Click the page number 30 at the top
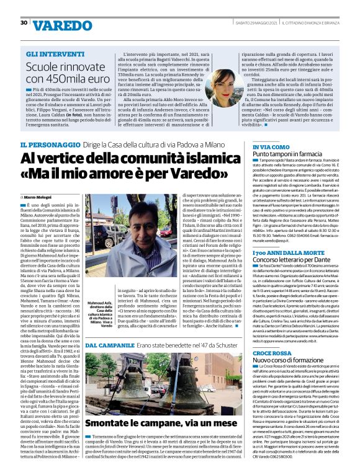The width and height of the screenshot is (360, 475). click(24, 23)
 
